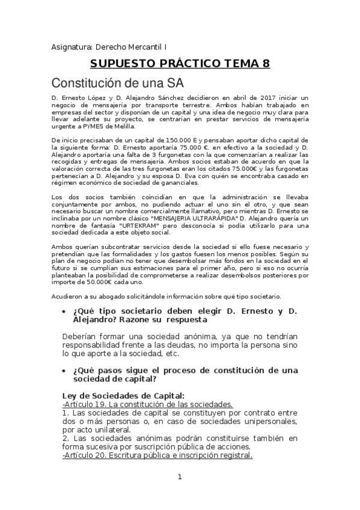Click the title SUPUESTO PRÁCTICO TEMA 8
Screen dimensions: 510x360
[x=180, y=64]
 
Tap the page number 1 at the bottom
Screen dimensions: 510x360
[x=180, y=477]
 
